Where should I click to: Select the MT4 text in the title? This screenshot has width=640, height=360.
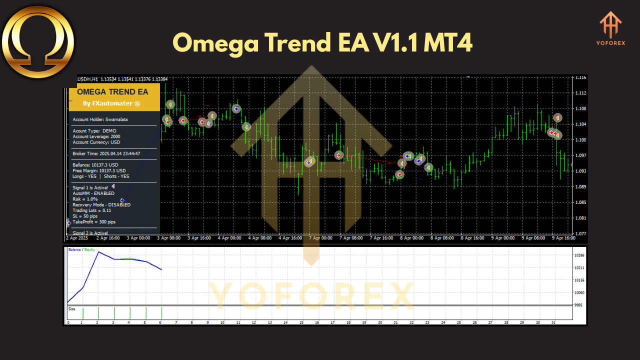[x=447, y=43]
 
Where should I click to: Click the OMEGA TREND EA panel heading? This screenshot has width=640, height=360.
[x=112, y=92]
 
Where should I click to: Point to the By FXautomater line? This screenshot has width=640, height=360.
[x=111, y=103]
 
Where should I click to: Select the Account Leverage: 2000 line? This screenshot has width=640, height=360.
[x=96, y=136]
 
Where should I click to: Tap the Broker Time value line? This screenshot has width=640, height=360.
[x=106, y=153]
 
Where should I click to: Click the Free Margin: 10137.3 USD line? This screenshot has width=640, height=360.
[x=99, y=170]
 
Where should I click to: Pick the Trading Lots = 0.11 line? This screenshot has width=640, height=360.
[x=92, y=210]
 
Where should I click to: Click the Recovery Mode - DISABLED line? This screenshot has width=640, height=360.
[x=101, y=204]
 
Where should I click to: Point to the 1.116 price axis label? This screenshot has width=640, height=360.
[x=580, y=77]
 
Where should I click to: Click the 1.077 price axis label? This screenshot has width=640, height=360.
[x=580, y=233]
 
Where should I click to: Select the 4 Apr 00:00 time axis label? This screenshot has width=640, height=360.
[x=230, y=238]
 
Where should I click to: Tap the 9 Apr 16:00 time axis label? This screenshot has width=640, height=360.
[x=563, y=238]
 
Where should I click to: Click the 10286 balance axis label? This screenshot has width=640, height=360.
[x=580, y=255]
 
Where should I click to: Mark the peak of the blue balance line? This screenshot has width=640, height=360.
[x=98, y=251]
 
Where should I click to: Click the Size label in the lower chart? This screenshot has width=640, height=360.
[x=71, y=309]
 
